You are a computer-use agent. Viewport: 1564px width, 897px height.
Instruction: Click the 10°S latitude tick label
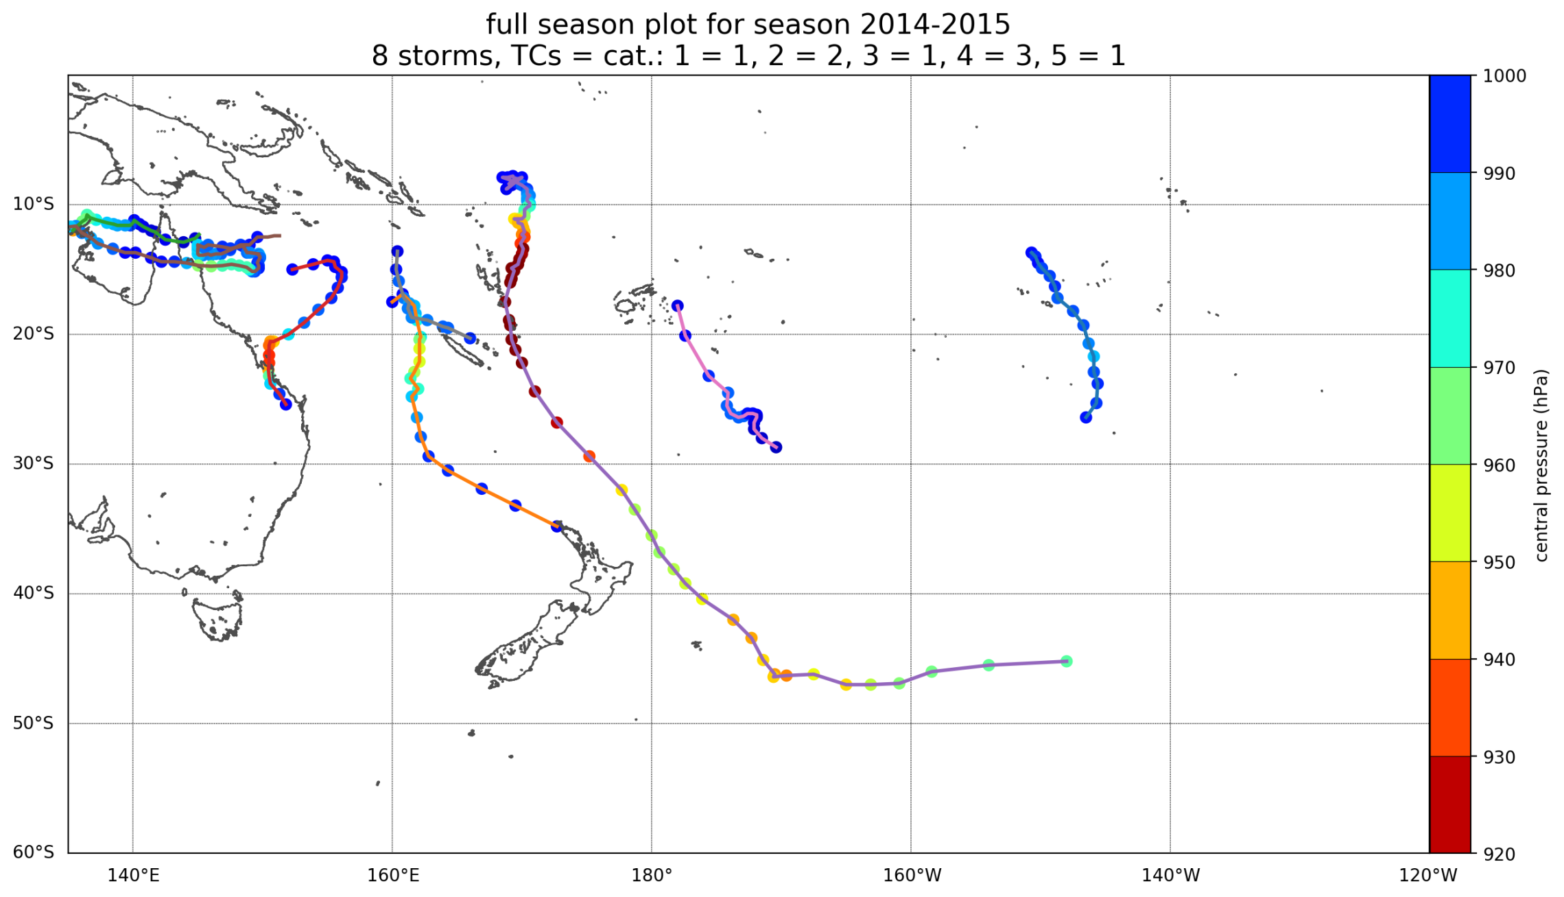(x=33, y=205)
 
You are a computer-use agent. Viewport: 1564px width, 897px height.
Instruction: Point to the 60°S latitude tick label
(x=33, y=852)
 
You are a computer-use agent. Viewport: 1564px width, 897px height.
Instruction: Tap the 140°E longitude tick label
(x=133, y=876)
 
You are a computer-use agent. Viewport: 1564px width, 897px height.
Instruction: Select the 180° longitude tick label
(x=652, y=876)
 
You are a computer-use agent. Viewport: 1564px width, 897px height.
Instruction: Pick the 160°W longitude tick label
(x=911, y=876)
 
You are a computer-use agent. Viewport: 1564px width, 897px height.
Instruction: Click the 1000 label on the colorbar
(x=1504, y=76)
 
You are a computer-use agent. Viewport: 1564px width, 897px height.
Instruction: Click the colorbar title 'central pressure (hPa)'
(x=1541, y=465)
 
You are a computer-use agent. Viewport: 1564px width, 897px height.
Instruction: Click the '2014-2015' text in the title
(x=934, y=25)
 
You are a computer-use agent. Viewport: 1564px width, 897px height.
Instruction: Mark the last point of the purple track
(x=1066, y=661)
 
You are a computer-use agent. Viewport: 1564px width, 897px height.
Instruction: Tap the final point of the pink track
(x=776, y=447)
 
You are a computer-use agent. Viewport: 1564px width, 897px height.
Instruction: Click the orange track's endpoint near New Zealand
(x=557, y=526)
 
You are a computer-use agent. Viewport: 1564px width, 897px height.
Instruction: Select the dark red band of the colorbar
(x=1450, y=804)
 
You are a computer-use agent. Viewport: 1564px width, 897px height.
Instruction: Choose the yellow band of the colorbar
(x=1450, y=513)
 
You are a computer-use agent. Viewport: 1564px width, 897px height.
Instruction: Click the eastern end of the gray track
(x=470, y=338)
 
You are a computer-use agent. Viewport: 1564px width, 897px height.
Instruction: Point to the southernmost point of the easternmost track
(x=1086, y=417)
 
